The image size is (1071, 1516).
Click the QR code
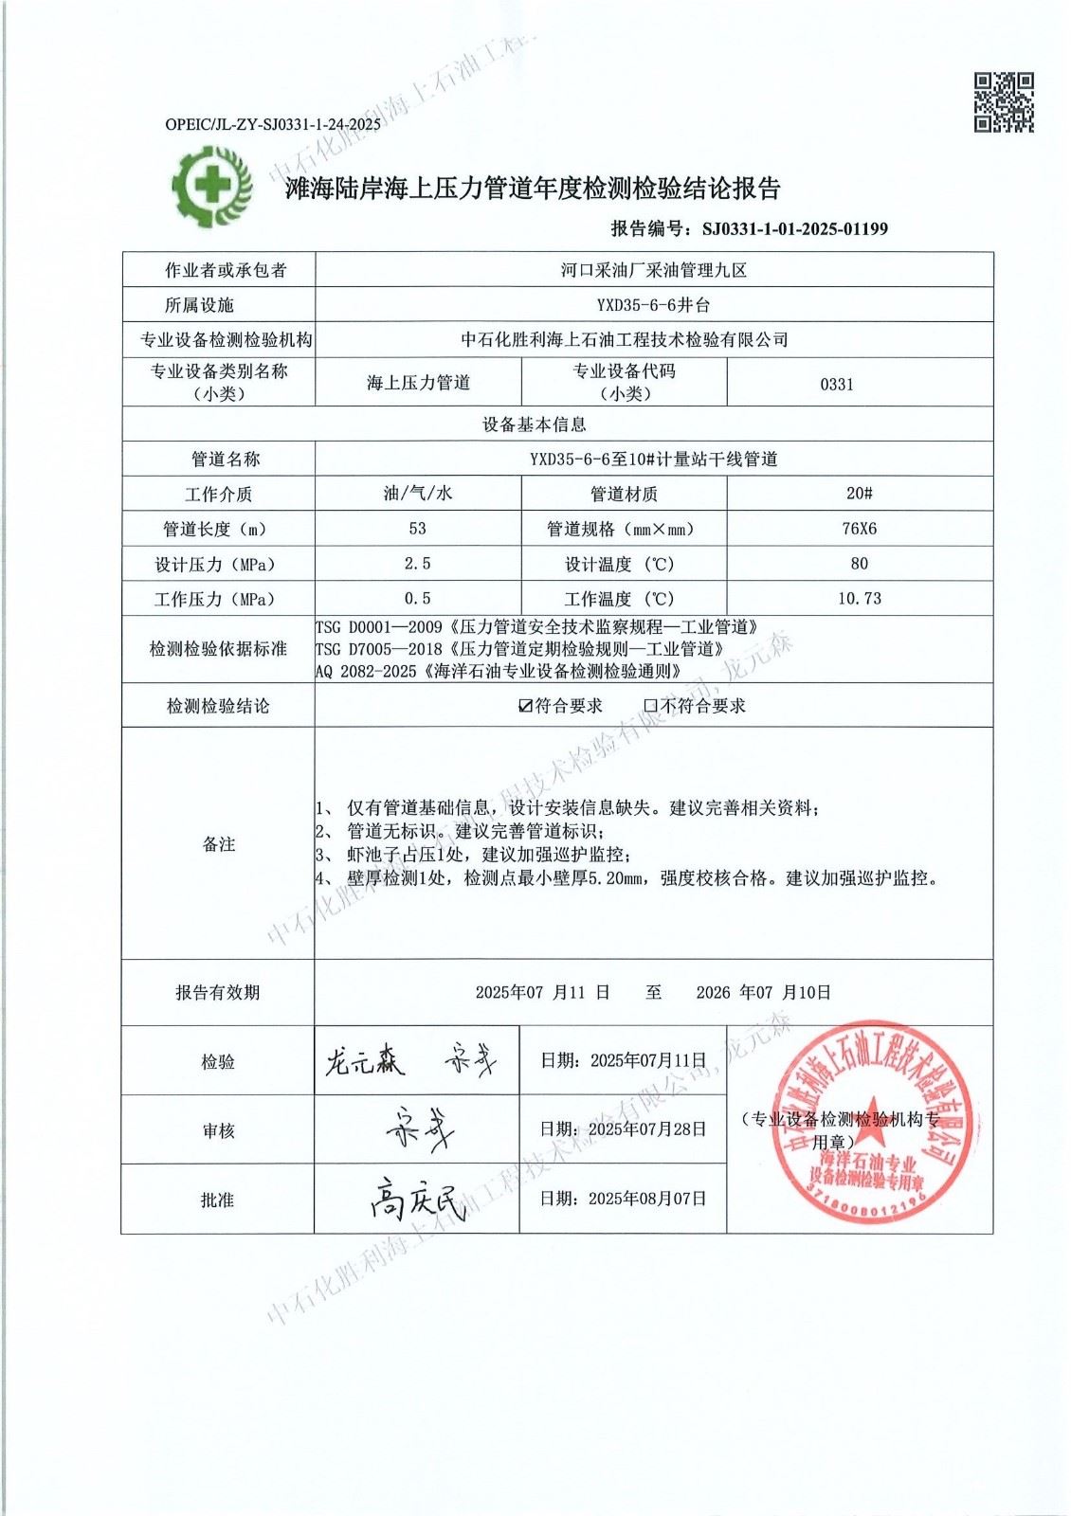pos(1004,102)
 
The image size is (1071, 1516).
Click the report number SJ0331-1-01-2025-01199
pos(795,228)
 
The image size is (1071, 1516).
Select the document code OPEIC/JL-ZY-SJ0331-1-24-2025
pos(273,124)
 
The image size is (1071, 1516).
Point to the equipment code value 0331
pos(837,384)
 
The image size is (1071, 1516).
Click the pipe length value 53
pos(417,529)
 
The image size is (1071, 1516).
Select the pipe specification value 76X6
pos(859,529)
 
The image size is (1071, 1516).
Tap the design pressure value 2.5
pos(417,564)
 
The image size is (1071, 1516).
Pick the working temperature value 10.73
pos(859,599)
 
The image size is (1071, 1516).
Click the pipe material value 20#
pos(859,494)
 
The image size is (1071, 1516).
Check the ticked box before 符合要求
pos(526,706)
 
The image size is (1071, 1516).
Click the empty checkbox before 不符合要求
pos(650,706)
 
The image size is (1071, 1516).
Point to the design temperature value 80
pos(859,564)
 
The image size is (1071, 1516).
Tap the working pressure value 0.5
pos(417,599)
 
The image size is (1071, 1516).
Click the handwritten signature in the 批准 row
pos(417,1200)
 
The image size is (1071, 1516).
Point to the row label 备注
pos(218,844)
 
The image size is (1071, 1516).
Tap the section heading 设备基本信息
pos(535,424)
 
